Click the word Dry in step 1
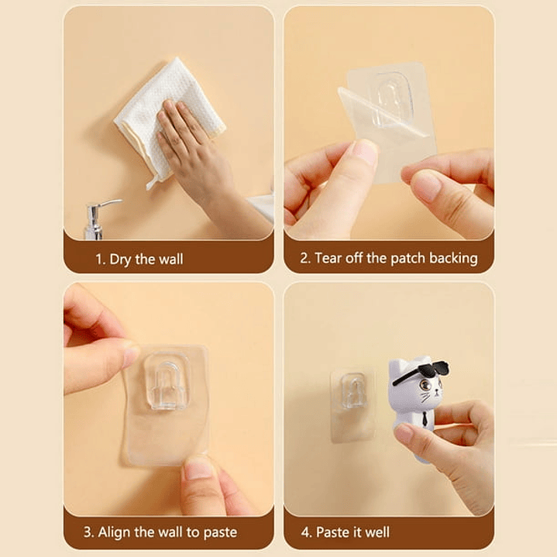(120, 260)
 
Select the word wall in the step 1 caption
(171, 259)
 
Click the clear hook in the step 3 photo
(167, 381)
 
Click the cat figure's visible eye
(425, 385)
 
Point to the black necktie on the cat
(424, 418)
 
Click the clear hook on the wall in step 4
(352, 390)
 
